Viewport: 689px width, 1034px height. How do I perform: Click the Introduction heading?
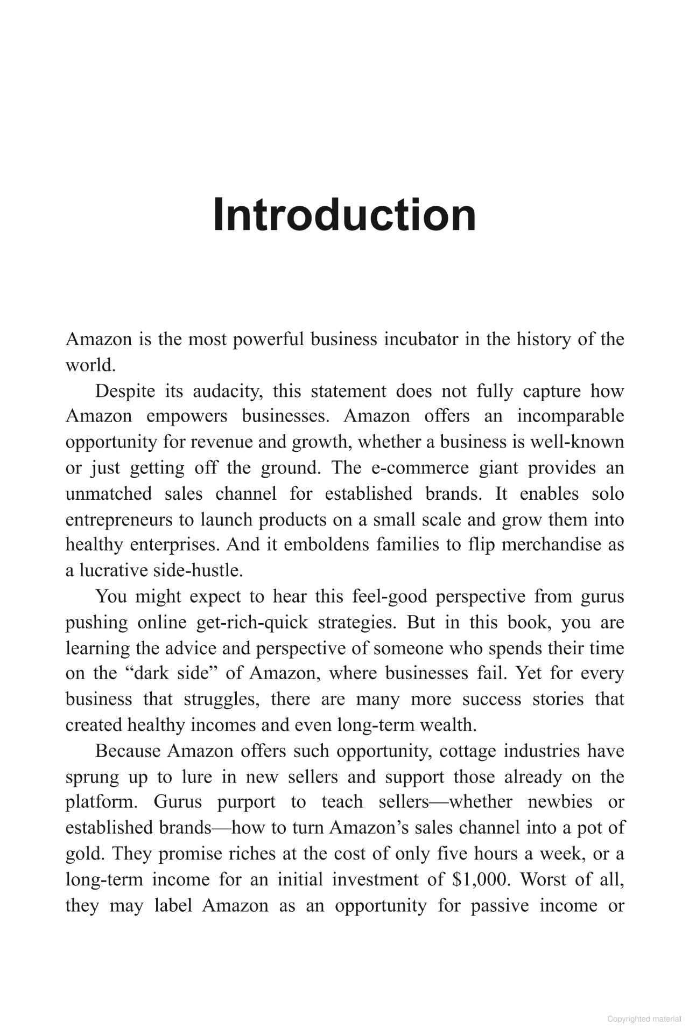coord(344,215)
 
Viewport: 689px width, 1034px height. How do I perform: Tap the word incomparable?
coord(571,416)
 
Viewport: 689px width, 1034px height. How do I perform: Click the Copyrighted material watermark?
coord(644,1019)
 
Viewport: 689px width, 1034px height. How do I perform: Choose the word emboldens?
coord(326,544)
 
